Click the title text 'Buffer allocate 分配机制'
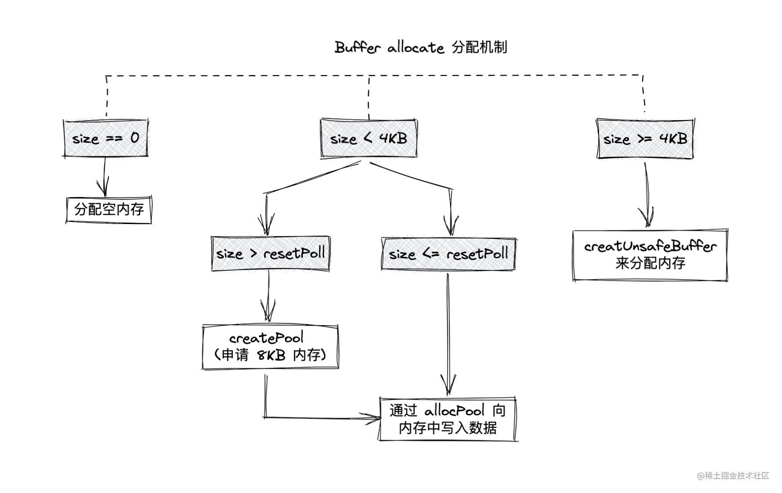(421, 47)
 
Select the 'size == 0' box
(106, 138)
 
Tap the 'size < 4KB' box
(369, 138)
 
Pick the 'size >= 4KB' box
(645, 139)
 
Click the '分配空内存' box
(109, 209)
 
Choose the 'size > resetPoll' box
(271, 254)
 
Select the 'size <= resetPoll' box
(449, 254)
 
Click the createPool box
(270, 347)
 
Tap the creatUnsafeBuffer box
(650, 255)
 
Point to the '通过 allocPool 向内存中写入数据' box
(448, 419)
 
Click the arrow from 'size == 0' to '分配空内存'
(104, 177)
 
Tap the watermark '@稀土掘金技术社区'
(733, 475)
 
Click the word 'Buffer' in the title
(358, 47)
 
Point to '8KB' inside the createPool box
(271, 355)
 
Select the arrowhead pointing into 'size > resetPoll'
(266, 224)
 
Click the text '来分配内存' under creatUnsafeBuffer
(650, 263)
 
